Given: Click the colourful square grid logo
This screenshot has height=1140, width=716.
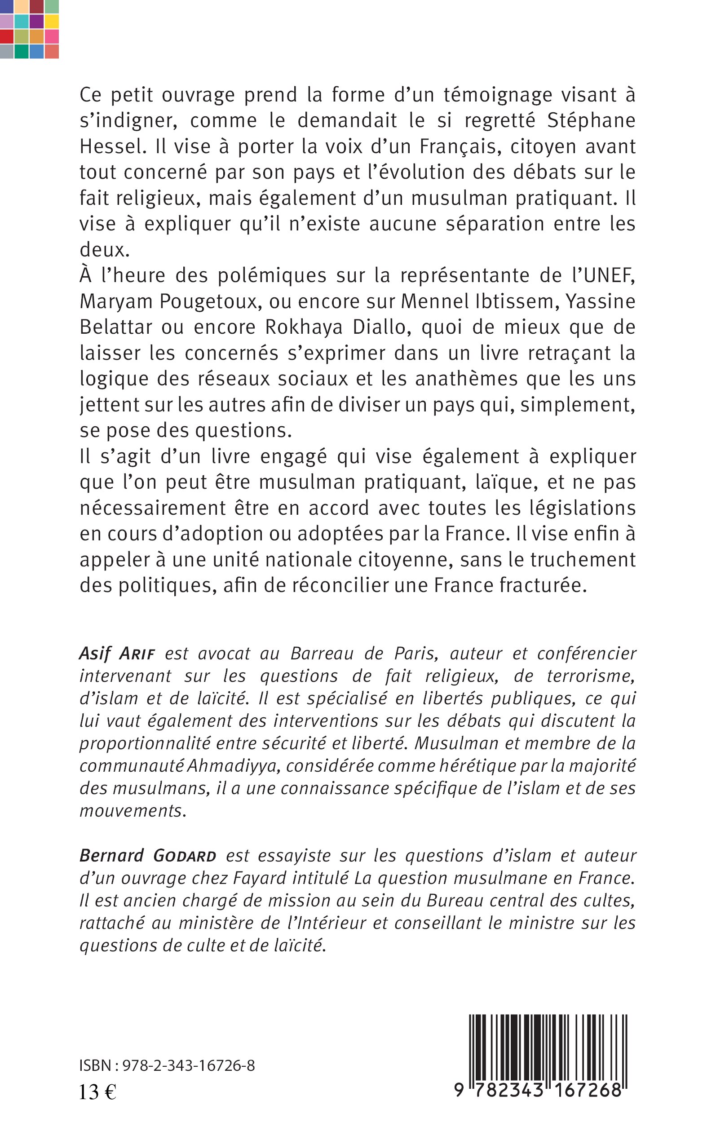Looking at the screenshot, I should point(29,29).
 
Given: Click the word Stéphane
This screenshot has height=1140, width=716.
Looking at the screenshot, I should point(591,121).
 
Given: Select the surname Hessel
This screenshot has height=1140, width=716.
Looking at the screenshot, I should point(110,147).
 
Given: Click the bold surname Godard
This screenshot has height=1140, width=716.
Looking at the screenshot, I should point(185,856).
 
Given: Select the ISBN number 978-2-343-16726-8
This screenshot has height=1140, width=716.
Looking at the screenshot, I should point(189,1066).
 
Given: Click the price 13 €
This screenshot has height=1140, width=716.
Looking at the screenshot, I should point(97,1093).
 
